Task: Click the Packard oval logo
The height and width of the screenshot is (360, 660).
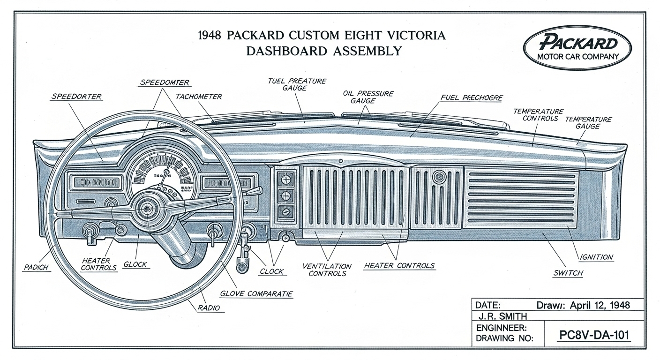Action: pyautogui.click(x=577, y=47)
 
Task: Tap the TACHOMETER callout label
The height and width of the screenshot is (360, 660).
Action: pyautogui.click(x=198, y=97)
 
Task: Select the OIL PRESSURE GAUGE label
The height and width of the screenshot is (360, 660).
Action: pyautogui.click(x=368, y=97)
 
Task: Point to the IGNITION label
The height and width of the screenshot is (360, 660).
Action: pyautogui.click(x=596, y=257)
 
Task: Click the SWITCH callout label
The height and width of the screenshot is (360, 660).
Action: pyautogui.click(x=568, y=273)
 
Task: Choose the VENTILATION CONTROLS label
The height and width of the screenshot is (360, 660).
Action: pyautogui.click(x=327, y=270)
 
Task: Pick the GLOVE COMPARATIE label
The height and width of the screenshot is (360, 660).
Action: pyautogui.click(x=256, y=294)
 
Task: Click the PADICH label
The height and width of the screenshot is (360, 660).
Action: pyautogui.click(x=37, y=267)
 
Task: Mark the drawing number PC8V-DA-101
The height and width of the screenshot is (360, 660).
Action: pyautogui.click(x=594, y=336)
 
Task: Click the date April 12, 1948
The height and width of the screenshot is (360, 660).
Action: pyautogui.click(x=600, y=305)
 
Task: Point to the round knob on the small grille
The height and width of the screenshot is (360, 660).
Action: pyautogui.click(x=439, y=177)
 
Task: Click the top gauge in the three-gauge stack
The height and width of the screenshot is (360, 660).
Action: pyautogui.click(x=286, y=179)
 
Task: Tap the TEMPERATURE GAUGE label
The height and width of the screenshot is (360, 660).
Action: pyautogui.click(x=588, y=123)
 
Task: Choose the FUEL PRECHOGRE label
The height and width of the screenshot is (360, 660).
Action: pyautogui.click(x=472, y=98)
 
